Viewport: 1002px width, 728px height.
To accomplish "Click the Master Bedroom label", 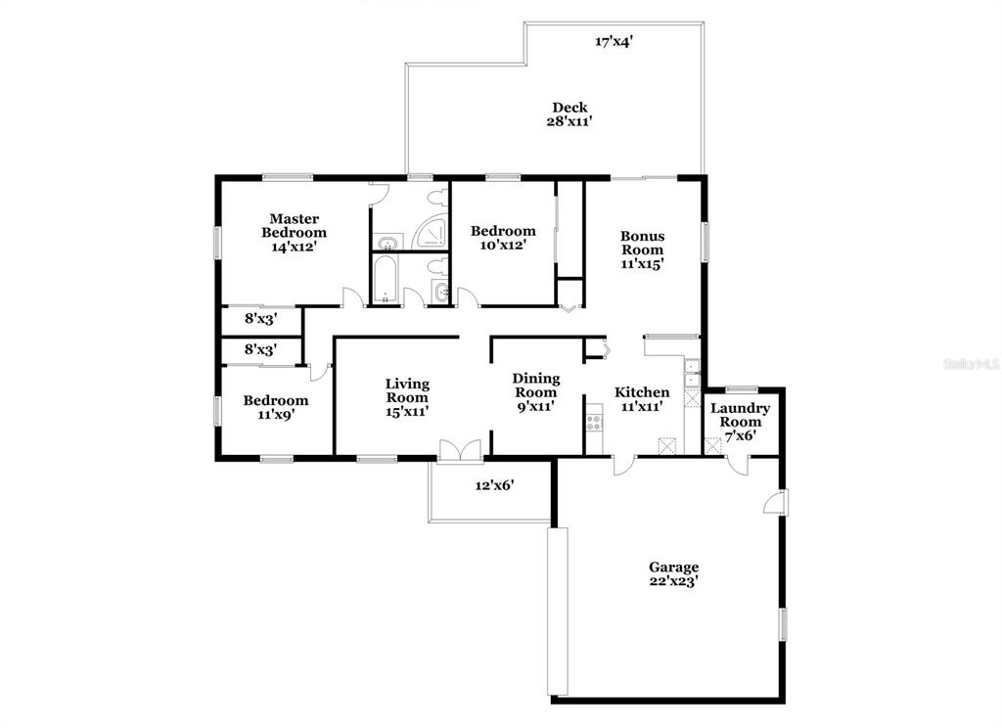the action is [294, 226].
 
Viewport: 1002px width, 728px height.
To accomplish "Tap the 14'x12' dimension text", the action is [294, 247].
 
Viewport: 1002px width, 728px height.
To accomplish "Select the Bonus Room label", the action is [642, 243].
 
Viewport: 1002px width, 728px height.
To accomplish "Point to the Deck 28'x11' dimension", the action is [569, 120].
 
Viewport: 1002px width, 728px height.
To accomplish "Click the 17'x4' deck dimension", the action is [615, 42].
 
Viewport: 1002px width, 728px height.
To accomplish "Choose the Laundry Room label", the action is [740, 415].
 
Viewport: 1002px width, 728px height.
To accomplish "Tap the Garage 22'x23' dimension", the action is [673, 581].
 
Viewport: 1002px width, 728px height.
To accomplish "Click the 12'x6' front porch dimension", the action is [494, 485].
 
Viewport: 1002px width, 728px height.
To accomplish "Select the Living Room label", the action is [407, 390].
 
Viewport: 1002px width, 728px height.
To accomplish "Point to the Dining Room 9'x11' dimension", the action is [535, 406].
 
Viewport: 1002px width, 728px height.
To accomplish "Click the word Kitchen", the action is [642, 392].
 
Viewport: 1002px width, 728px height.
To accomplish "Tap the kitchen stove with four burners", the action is [594, 422].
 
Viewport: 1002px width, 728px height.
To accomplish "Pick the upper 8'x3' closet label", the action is [260, 318].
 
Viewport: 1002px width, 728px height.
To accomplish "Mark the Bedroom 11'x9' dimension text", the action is [275, 414].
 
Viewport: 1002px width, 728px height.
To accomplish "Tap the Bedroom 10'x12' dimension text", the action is [503, 245].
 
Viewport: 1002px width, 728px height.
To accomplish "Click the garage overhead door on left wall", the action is [559, 612].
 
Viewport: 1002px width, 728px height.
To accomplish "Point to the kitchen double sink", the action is [692, 373].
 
